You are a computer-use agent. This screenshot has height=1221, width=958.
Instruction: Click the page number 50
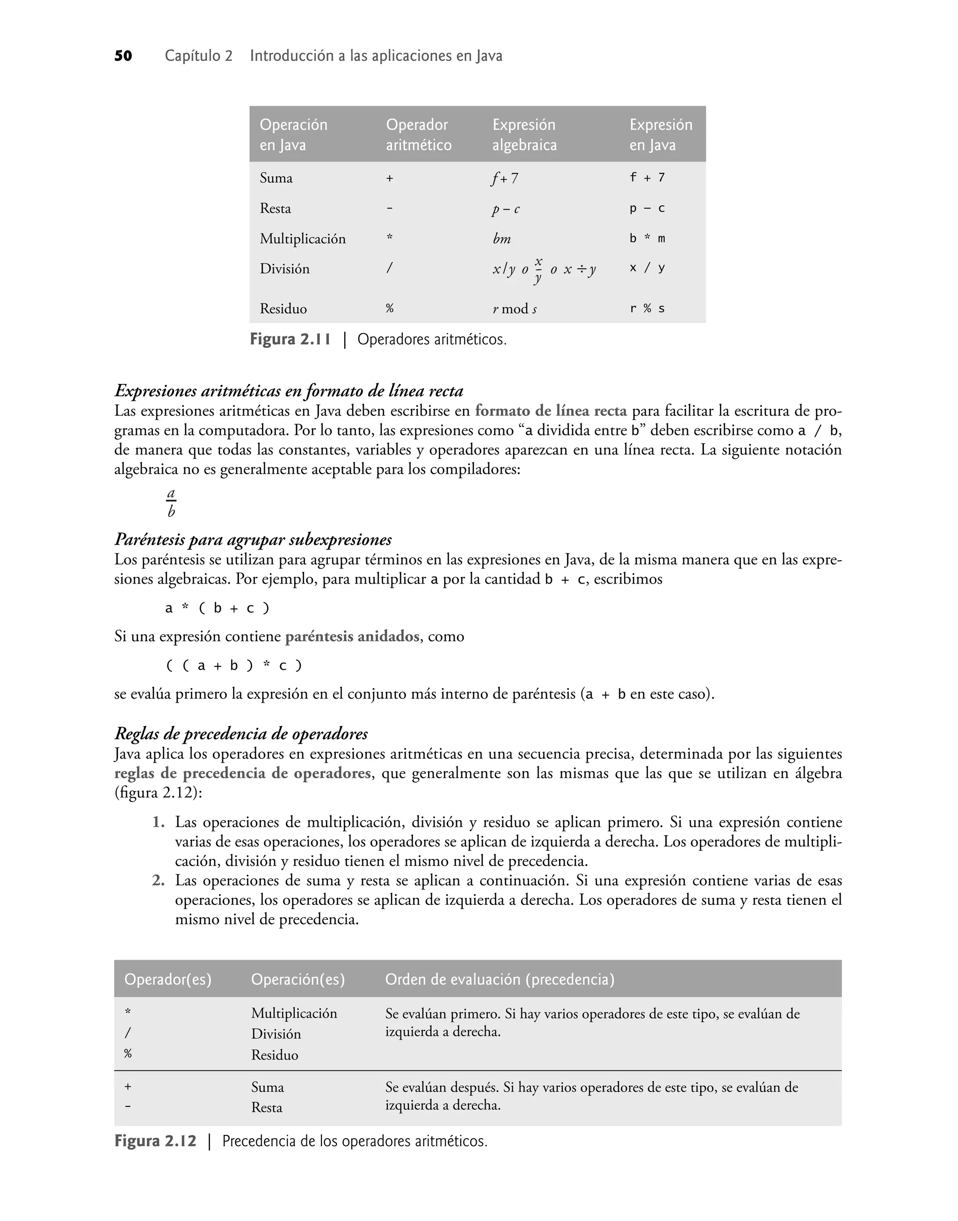coord(123,56)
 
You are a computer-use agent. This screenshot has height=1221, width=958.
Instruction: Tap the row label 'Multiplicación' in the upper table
coord(302,239)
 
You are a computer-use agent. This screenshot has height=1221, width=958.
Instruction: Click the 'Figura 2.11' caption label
coord(290,340)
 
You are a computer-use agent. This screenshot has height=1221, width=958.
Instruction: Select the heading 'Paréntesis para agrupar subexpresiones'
coord(253,540)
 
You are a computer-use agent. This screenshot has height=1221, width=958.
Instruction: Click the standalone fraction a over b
coord(171,503)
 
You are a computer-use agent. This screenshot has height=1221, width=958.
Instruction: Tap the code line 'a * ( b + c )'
coord(217,608)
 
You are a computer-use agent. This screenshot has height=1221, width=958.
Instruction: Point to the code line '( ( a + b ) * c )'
coord(234,666)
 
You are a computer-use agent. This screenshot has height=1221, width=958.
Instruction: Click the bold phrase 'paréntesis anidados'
coord(352,637)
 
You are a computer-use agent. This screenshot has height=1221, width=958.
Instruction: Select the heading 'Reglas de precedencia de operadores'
coord(241,734)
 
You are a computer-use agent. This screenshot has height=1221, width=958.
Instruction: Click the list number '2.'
coord(158,881)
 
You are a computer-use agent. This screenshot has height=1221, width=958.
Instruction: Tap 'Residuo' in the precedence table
coord(274,1055)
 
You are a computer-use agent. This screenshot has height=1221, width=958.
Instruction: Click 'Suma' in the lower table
coord(267,1088)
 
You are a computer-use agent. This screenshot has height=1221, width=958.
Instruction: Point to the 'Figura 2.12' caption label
coord(155,1142)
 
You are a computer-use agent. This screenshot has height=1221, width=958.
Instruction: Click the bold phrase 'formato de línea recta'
coord(551,411)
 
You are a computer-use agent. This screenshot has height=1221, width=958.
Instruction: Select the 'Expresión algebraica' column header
coord(524,135)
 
